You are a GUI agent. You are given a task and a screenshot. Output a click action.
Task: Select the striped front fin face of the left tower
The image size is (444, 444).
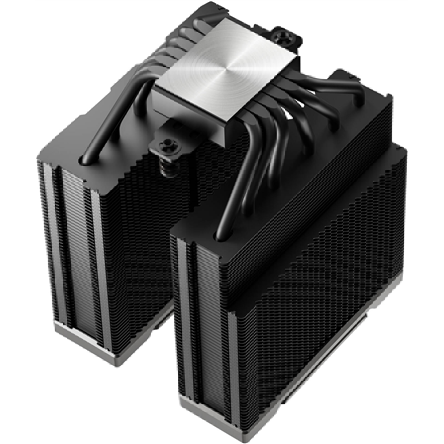click(71, 240)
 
